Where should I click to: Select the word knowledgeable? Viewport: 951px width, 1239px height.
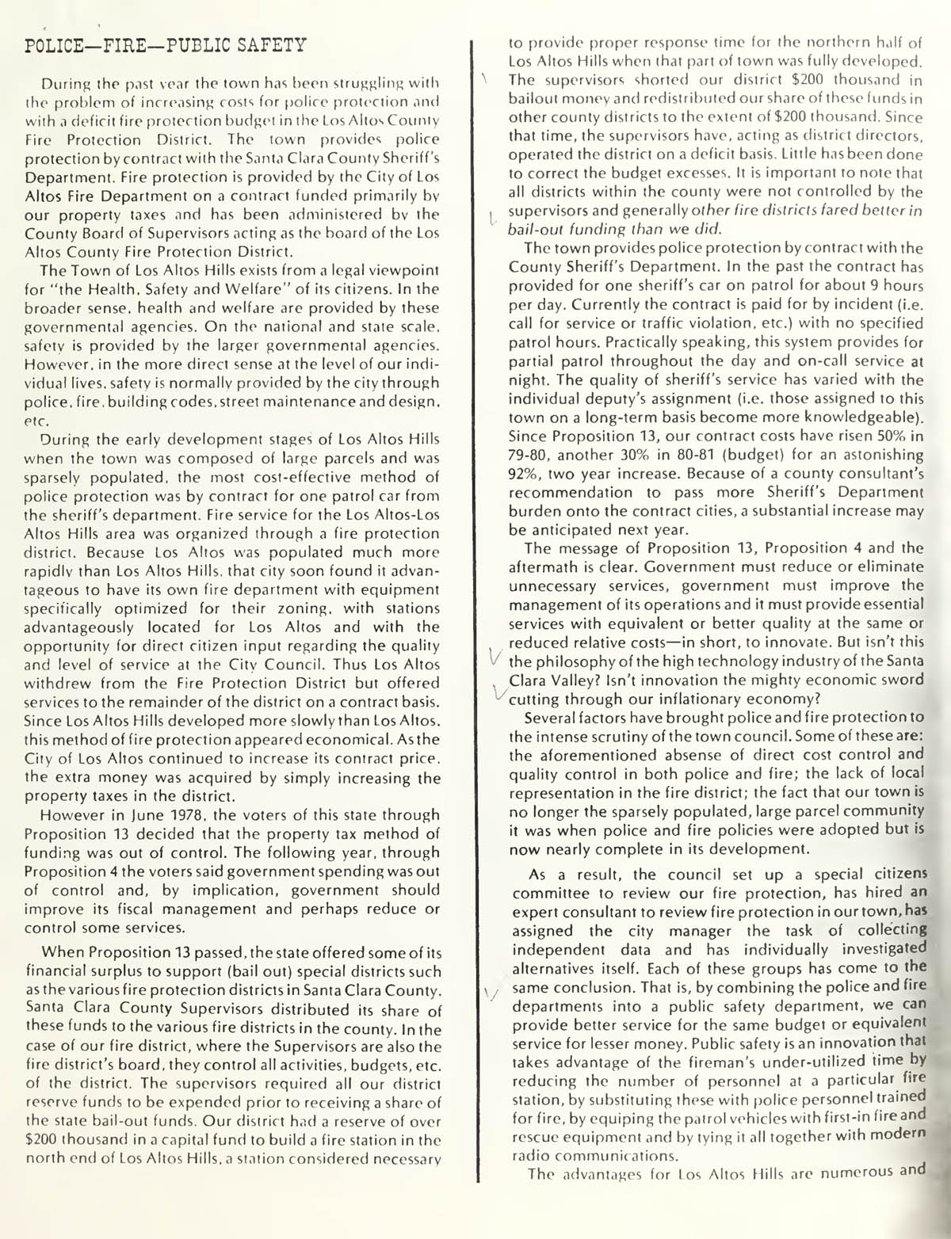click(x=854, y=417)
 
